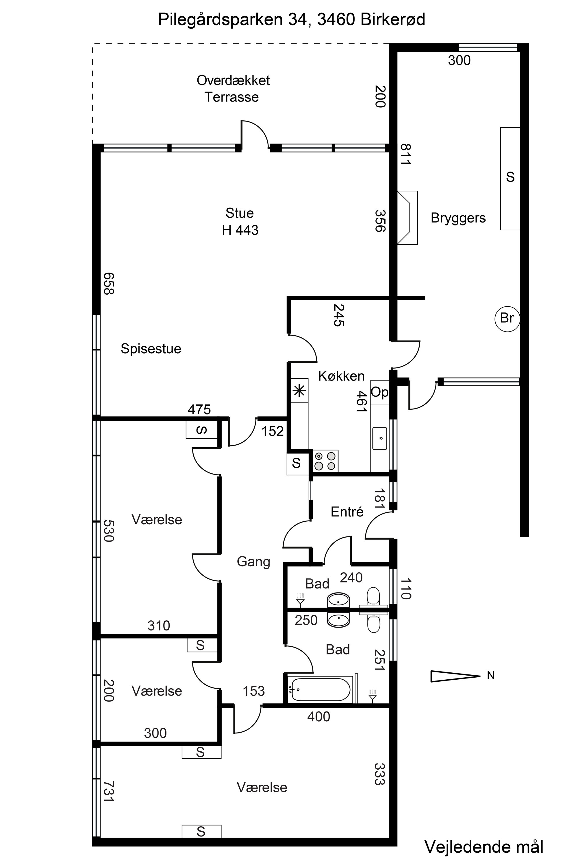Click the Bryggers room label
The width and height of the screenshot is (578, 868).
click(x=458, y=218)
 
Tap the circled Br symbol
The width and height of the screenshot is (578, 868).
click(x=507, y=318)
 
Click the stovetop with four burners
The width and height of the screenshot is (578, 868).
click(x=325, y=461)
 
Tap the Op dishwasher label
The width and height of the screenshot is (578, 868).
click(x=379, y=392)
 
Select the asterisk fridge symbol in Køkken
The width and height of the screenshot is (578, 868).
click(x=299, y=390)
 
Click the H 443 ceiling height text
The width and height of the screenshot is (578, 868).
click(x=240, y=230)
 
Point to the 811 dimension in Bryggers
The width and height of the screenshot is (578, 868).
click(x=406, y=154)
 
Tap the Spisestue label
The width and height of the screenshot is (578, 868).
click(x=151, y=349)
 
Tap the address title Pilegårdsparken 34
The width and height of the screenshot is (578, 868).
click(x=233, y=20)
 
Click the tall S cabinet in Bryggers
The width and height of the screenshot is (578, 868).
click(x=510, y=179)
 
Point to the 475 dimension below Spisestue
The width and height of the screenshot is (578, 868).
click(x=199, y=410)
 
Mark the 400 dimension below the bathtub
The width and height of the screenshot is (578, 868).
click(x=319, y=717)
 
